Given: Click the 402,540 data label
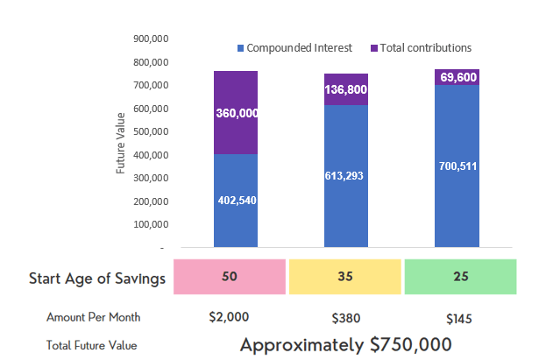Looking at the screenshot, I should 236,200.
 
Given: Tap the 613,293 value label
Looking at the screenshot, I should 346,176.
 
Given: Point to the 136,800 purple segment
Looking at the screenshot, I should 346,89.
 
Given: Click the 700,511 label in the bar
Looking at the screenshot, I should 457,166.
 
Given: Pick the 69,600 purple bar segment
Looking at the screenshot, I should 457,77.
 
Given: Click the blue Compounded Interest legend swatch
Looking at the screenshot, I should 239,47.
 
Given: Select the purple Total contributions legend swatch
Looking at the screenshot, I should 375,47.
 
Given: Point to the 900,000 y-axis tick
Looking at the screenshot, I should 151,39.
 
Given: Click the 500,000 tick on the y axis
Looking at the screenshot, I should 151,132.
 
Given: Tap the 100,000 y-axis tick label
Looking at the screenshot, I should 151,225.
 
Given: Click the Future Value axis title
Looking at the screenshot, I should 121,141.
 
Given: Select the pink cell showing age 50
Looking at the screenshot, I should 230,277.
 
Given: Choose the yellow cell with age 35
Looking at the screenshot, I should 344,277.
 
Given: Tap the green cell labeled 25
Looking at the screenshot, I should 459,277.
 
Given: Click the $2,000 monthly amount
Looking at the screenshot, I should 230,317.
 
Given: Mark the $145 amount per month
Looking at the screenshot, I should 459,317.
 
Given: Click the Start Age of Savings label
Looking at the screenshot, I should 96,279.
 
